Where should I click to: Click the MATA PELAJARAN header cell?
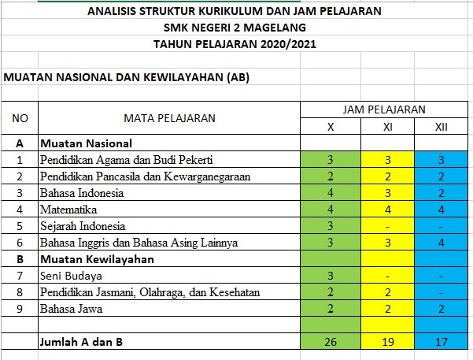[169, 119]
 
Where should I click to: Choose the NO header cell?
[21, 119]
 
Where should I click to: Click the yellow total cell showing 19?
[388, 342]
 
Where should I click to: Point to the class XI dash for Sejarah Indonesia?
[388, 226]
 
